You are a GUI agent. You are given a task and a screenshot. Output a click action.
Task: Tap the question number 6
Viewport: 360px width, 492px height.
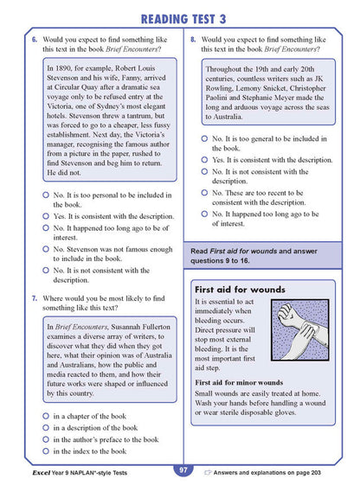[35, 40]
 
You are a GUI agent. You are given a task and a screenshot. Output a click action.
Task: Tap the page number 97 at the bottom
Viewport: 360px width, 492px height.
[183, 471]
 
